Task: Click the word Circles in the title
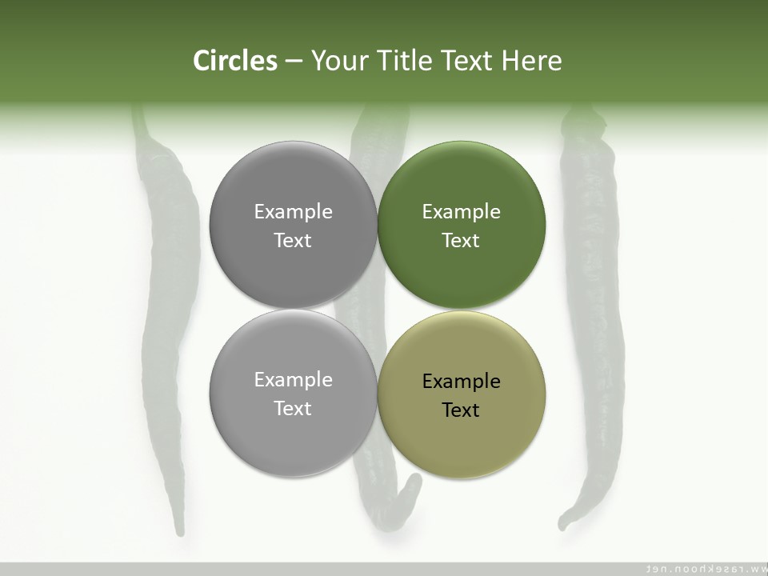pos(235,61)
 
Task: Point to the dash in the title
pos(294,62)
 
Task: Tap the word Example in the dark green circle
pos(462,212)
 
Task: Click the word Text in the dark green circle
pos(461,241)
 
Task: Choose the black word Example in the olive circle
pos(462,382)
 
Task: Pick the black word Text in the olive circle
pos(461,410)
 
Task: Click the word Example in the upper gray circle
pos(294,212)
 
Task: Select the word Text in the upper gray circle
pos(293,241)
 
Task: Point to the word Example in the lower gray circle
pos(294,380)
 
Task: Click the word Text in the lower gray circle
pos(293,409)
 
